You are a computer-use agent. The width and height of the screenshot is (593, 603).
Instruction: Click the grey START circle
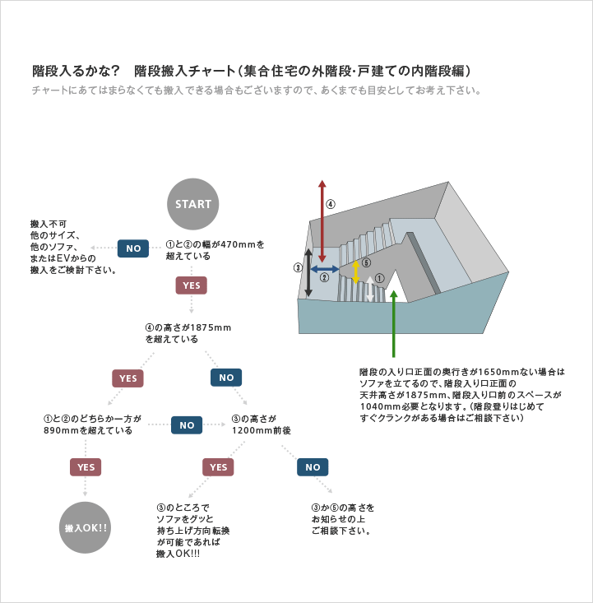192,204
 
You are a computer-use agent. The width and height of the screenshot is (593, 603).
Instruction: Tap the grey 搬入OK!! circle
85,527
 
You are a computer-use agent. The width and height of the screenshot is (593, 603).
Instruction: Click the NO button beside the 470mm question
133,248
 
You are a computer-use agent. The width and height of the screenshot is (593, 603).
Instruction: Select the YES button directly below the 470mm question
191,285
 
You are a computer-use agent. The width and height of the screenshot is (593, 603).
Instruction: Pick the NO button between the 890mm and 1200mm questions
187,425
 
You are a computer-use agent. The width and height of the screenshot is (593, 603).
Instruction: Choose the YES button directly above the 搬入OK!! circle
86,467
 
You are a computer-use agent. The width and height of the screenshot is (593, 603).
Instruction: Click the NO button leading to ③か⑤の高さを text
313,467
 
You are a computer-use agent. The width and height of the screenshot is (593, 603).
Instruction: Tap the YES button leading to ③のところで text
218,467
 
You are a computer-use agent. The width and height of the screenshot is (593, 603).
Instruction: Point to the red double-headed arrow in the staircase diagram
322,221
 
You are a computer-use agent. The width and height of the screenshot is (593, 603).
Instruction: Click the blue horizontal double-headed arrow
325,269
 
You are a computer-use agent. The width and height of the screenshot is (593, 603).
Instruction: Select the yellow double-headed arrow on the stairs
356,272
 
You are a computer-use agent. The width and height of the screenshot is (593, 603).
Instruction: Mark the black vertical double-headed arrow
308,272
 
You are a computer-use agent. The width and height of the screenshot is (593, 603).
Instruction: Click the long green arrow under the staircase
393,324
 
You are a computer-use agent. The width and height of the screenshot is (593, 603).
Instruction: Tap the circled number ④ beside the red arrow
331,204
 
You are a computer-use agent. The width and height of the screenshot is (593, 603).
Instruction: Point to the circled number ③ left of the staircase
298,267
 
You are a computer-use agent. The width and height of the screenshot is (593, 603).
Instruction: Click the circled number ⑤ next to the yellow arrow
367,262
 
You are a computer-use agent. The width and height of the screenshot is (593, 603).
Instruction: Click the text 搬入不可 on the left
49,224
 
